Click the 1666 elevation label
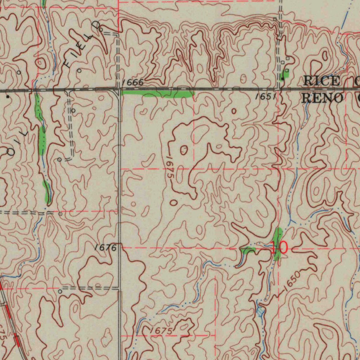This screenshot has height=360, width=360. (x=133, y=83)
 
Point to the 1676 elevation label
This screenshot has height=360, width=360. (x=106, y=247)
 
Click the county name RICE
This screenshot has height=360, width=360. (x=322, y=81)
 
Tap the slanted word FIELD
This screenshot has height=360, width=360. (x=82, y=44)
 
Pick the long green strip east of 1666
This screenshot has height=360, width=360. (x=158, y=93)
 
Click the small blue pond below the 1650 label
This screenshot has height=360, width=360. (x=260, y=311)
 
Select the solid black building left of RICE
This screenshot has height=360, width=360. (x=282, y=79)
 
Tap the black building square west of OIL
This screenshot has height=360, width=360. (x=7, y=96)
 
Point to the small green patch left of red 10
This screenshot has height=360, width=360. (x=248, y=250)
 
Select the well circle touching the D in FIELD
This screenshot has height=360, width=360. (x=101, y=30)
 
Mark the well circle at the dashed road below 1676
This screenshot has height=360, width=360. (x=60, y=291)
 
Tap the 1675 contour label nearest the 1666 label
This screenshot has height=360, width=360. (x=169, y=167)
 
